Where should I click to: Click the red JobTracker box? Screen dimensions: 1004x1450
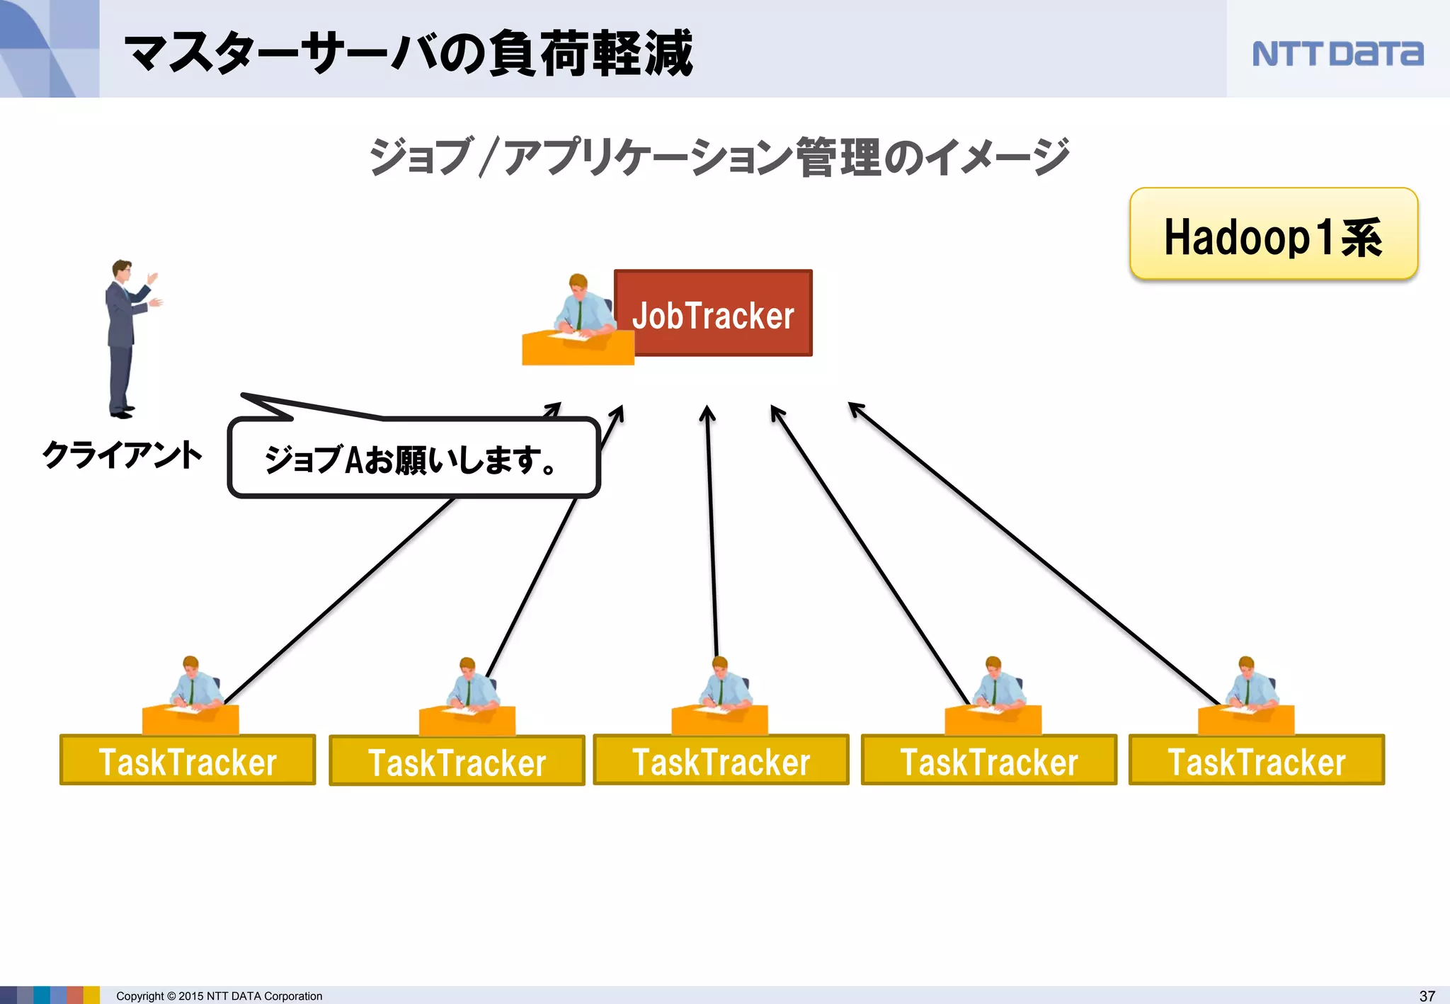[x=713, y=313]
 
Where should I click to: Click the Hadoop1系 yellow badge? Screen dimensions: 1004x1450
[x=1273, y=234]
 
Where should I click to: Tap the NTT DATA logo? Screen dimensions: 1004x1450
[x=1337, y=54]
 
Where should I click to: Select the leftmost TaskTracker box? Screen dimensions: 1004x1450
[x=188, y=760]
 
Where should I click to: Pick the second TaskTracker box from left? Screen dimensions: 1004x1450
[x=457, y=761]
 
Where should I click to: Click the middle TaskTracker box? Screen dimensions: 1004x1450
[x=721, y=760]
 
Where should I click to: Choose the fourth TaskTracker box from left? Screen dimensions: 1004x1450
[x=988, y=760]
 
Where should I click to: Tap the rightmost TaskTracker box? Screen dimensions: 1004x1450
[x=1256, y=760]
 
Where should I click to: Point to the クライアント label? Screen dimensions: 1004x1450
[x=122, y=455]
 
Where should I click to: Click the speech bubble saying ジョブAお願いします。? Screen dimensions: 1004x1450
[x=413, y=459]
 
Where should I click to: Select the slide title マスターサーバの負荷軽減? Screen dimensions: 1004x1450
[x=409, y=53]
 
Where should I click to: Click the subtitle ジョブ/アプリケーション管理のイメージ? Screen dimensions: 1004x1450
[x=719, y=156]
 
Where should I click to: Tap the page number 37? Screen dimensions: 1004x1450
[x=1427, y=996]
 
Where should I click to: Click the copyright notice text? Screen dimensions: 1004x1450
[x=219, y=996]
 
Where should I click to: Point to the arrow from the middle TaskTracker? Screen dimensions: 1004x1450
[x=712, y=531]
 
